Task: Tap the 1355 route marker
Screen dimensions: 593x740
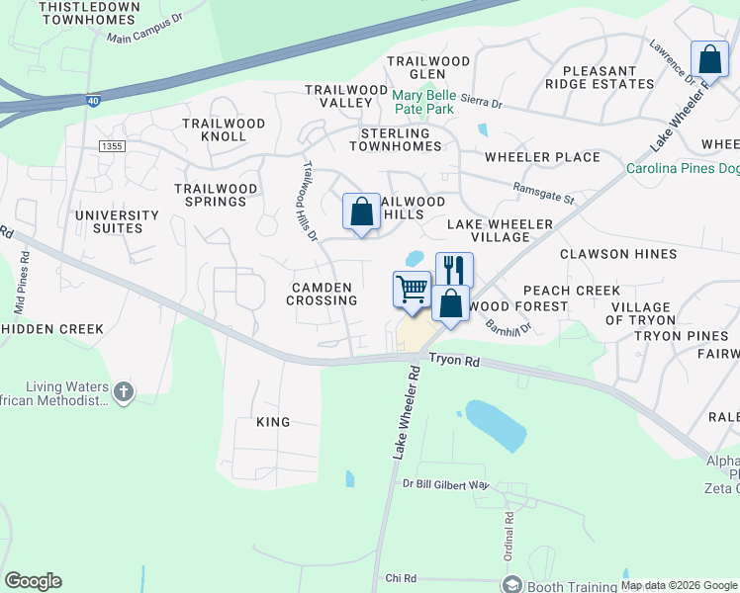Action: pyautogui.click(x=112, y=146)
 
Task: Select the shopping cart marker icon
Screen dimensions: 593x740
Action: pyautogui.click(x=412, y=290)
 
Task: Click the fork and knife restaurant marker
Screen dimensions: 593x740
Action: pyautogui.click(x=454, y=269)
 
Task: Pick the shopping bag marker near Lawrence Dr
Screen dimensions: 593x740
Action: pyautogui.click(x=709, y=59)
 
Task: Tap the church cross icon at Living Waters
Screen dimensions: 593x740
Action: pyautogui.click(x=123, y=392)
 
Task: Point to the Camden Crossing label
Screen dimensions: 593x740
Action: pyautogui.click(x=323, y=294)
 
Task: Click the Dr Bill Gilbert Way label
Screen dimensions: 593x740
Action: pyautogui.click(x=446, y=484)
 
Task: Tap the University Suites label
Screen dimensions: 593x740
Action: pyautogui.click(x=117, y=221)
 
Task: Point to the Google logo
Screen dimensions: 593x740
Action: pyautogui.click(x=33, y=581)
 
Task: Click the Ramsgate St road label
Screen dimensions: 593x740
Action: pyautogui.click(x=543, y=193)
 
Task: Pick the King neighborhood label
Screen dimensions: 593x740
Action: pyautogui.click(x=273, y=422)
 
